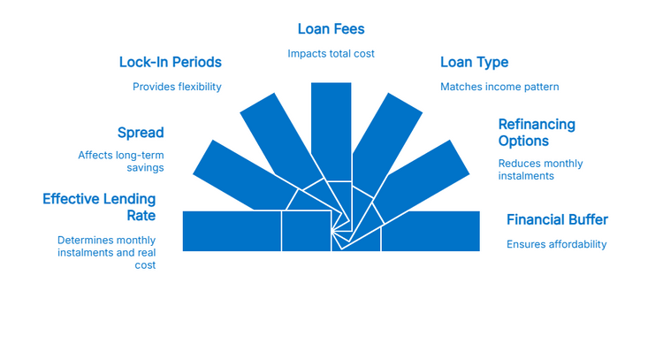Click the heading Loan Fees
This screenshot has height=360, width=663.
[x=331, y=29]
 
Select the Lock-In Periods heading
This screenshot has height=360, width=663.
[x=170, y=62]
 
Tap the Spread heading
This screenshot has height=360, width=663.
[x=141, y=133]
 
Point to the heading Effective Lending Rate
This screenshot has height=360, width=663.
[x=99, y=207]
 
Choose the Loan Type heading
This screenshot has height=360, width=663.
[x=474, y=62]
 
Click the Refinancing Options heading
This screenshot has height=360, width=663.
[x=536, y=133]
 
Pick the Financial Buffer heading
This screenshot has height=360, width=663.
[x=557, y=219]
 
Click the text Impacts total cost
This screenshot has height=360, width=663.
[x=331, y=54]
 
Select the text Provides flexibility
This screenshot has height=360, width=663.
[x=177, y=87]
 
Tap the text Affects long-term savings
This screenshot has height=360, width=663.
[x=121, y=162]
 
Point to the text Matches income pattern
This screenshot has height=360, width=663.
[x=499, y=87]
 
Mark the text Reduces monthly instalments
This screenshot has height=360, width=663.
[x=540, y=170]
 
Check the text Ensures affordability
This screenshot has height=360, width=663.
[x=556, y=244]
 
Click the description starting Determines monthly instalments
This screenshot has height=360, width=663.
[x=107, y=252]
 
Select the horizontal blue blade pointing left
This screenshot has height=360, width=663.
[x=232, y=231]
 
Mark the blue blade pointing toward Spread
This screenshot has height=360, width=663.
[x=230, y=172]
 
